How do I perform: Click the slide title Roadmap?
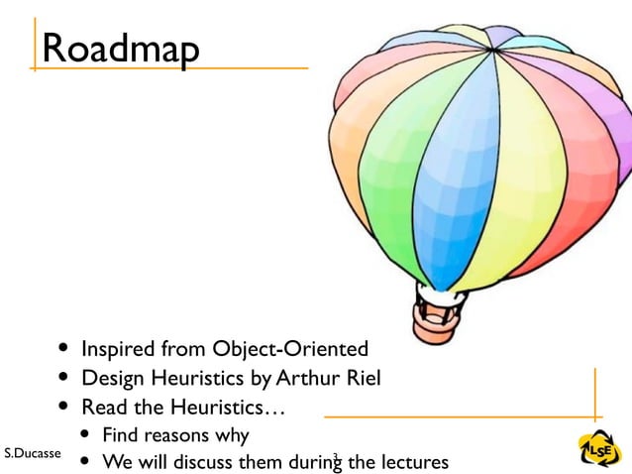tap(121, 49)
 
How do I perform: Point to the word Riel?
tap(362, 378)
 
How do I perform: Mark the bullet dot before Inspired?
tap(64, 349)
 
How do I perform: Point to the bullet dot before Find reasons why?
tap(86, 435)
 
